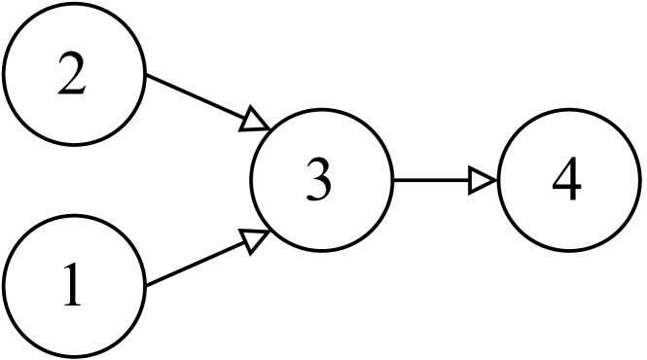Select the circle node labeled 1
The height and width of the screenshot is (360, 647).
tap(73, 285)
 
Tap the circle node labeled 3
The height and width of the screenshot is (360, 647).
tap(321, 180)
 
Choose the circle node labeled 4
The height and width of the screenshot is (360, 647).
tap(569, 180)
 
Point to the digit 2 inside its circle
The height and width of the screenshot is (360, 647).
tap(71, 78)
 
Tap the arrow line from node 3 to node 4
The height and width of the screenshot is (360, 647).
tap(433, 180)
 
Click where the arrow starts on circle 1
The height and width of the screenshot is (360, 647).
tap(145, 285)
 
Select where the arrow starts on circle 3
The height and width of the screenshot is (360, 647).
tap(393, 180)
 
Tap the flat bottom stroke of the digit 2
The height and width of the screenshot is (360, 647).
tap(72, 94)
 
